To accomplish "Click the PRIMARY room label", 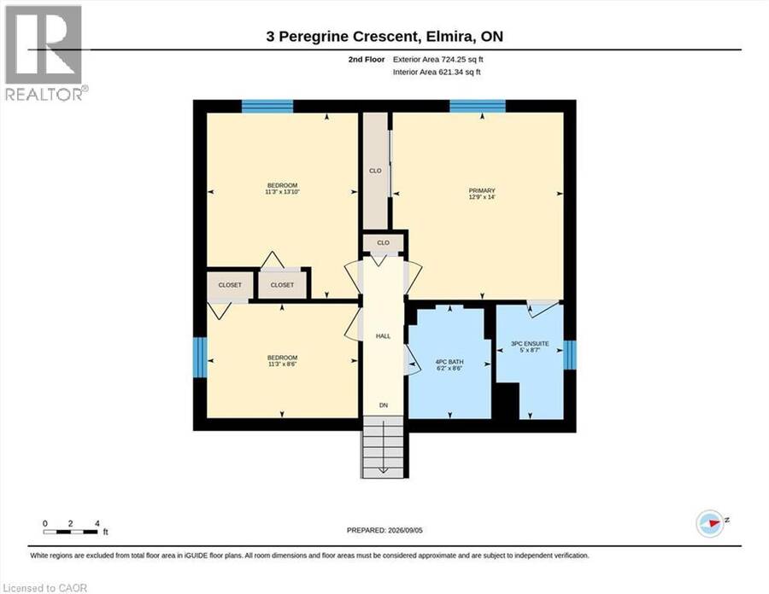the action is [482, 190].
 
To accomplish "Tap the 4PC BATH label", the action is [449, 362].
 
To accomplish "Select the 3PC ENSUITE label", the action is [530, 344].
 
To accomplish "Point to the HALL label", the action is [383, 336].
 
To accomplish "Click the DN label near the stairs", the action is [384, 405].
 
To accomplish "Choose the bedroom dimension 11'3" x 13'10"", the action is [282, 192].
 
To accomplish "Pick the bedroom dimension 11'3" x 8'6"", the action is [282, 364].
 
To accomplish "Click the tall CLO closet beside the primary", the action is [375, 171].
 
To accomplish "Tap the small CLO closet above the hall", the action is [383, 243].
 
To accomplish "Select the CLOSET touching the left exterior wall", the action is [230, 284].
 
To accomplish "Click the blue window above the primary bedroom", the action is [478, 106].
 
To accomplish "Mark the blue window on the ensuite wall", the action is [569, 355].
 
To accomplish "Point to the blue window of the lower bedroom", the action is [200, 357].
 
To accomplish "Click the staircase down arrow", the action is [383, 446].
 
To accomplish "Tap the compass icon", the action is [710, 523].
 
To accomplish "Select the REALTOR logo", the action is [45, 52].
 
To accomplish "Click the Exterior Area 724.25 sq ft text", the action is [438, 60].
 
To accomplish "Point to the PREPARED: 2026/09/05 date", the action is [384, 530].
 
